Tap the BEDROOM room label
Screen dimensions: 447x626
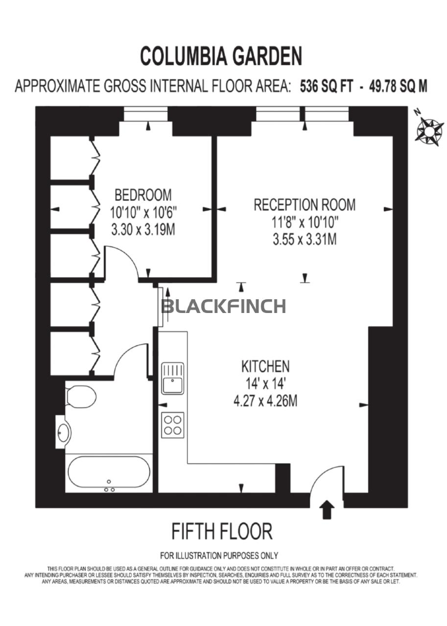[143, 195]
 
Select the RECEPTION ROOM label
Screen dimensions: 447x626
[305, 204]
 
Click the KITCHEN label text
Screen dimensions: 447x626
[265, 366]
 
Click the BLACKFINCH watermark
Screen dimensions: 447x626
[224, 306]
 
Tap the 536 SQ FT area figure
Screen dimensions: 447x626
[327, 86]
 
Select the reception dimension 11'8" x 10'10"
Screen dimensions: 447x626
[305, 223]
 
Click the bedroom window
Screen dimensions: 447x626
[145, 114]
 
